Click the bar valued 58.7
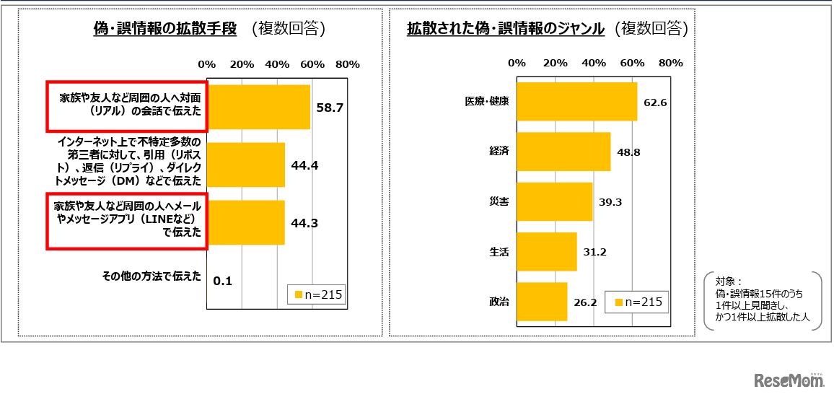point(258,107)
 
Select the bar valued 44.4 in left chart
point(246,165)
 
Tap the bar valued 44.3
point(246,223)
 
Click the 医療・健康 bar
point(576,102)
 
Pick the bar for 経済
point(563,152)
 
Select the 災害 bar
point(554,201)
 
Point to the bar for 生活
point(547,251)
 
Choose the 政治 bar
point(542,302)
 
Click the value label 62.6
point(655,102)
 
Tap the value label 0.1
point(223,281)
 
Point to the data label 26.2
point(584,302)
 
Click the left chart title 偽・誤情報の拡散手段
point(165,29)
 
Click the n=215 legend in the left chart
point(316,295)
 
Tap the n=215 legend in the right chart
point(637,302)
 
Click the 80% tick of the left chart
point(347,64)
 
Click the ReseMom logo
point(789,380)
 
